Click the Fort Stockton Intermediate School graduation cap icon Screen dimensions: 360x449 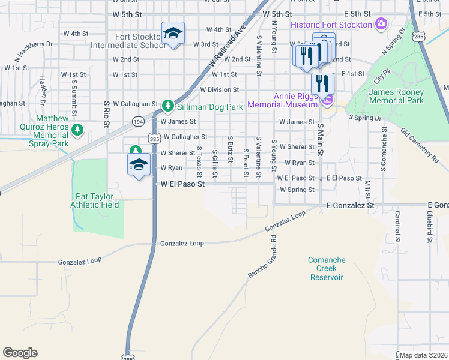click(173, 34)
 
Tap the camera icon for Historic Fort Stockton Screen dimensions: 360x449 click(380, 24)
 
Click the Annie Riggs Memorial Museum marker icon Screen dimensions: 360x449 click(327, 100)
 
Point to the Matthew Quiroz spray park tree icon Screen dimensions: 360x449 click(77, 130)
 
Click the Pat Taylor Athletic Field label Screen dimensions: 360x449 click(97, 200)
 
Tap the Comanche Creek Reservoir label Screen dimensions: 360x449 click(327, 268)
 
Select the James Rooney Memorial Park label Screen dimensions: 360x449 click(396, 96)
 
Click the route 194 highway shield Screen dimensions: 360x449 click(137, 120)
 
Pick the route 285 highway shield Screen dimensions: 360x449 click(418, 37)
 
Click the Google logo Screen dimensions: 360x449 click(20, 353)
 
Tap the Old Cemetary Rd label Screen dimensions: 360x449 click(420, 144)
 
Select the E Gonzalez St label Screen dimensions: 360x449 click(350, 205)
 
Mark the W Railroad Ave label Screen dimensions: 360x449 click(228, 46)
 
